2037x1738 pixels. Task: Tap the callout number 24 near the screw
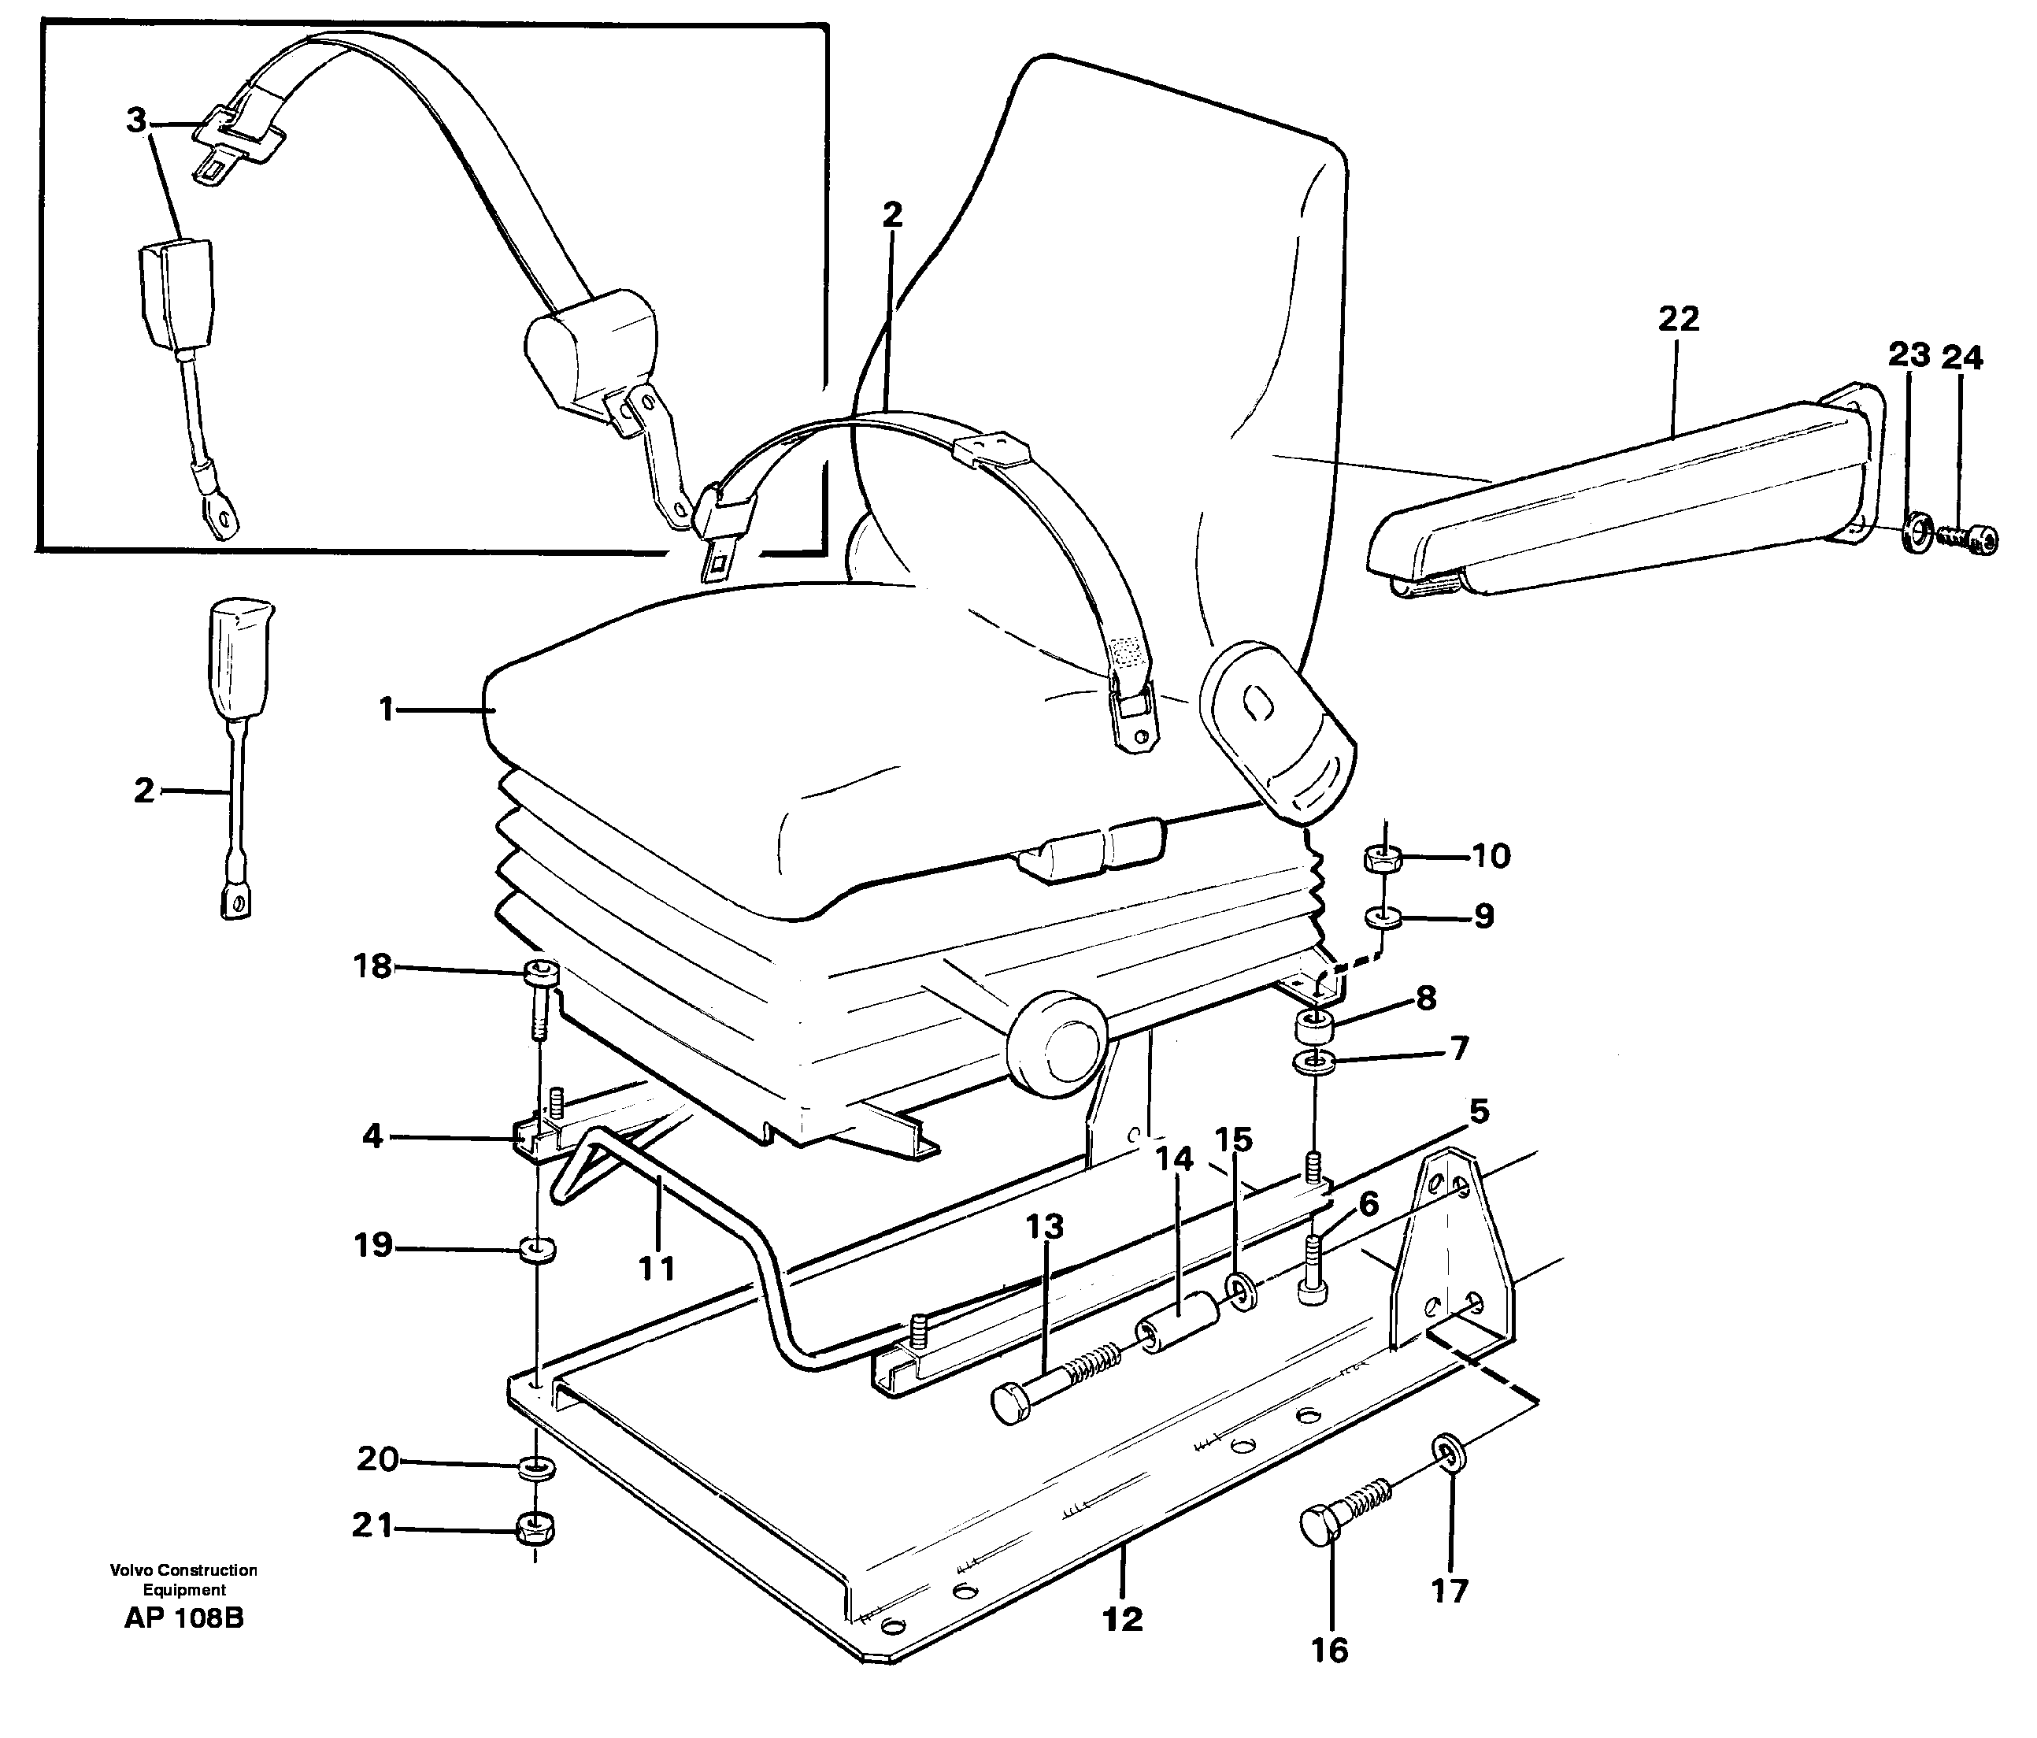pos(1961,358)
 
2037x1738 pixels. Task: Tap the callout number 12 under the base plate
pos(1123,1618)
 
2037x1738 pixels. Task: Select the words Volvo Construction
pos(183,1570)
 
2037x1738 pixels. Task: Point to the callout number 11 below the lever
pos(656,1268)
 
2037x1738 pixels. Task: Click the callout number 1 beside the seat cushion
pos(387,709)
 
